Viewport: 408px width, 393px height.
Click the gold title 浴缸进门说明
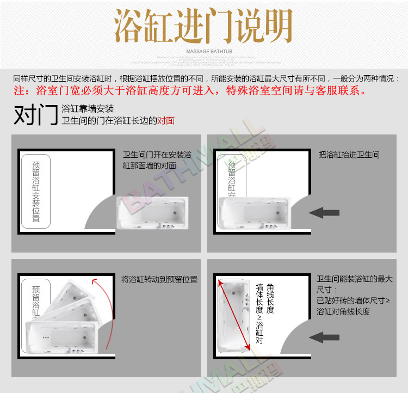click(203, 26)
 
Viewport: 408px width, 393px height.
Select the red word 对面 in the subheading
click(166, 120)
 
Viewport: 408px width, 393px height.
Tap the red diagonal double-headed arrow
click(234, 315)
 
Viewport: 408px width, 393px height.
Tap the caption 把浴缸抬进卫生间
click(349, 155)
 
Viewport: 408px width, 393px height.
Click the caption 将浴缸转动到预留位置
click(159, 280)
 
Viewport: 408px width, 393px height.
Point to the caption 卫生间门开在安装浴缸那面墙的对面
click(157, 160)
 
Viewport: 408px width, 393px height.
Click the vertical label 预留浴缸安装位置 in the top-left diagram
click(36, 191)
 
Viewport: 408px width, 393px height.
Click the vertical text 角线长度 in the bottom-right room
click(270, 298)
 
